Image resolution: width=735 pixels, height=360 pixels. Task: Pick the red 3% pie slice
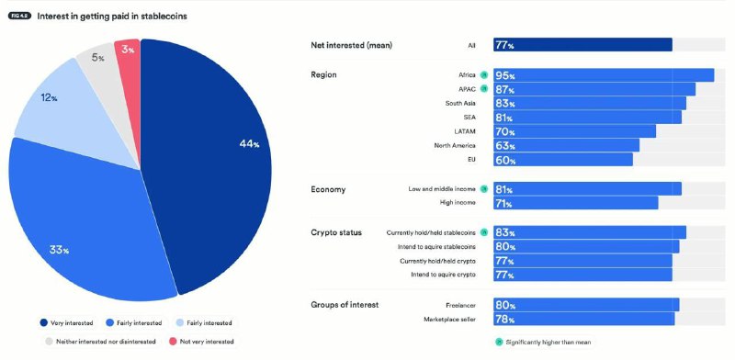click(128, 55)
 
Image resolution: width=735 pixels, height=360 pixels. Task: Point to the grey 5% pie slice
click(96, 64)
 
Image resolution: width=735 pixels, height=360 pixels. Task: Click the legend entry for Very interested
click(68, 323)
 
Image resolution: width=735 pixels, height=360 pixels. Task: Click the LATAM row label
click(464, 131)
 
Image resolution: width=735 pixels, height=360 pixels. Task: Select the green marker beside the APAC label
click(484, 89)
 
